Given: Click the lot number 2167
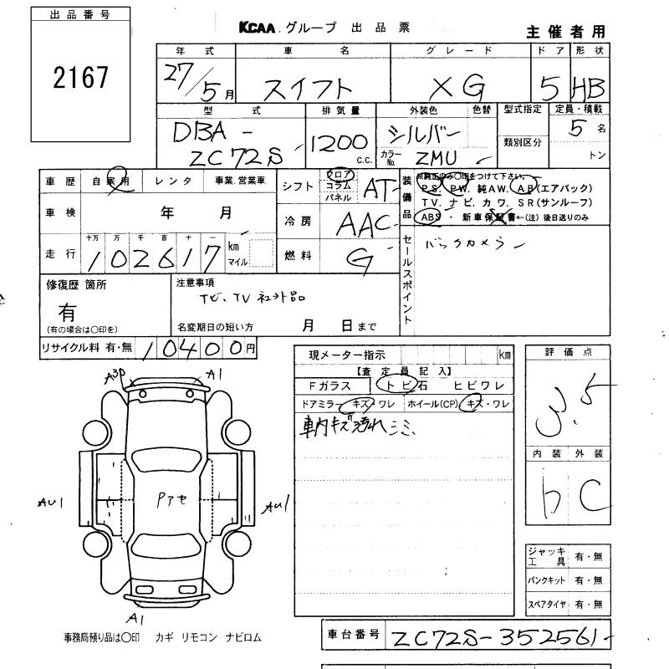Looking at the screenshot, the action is tap(80, 79).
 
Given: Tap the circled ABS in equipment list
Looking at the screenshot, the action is tap(431, 217).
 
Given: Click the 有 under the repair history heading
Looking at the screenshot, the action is tap(68, 313).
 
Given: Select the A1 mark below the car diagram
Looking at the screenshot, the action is tap(134, 619).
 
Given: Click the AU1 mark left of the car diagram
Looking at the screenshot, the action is tap(52, 503).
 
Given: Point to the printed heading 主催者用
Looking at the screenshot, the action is tap(564, 32).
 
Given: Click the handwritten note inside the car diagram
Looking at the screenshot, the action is tap(172, 500).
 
